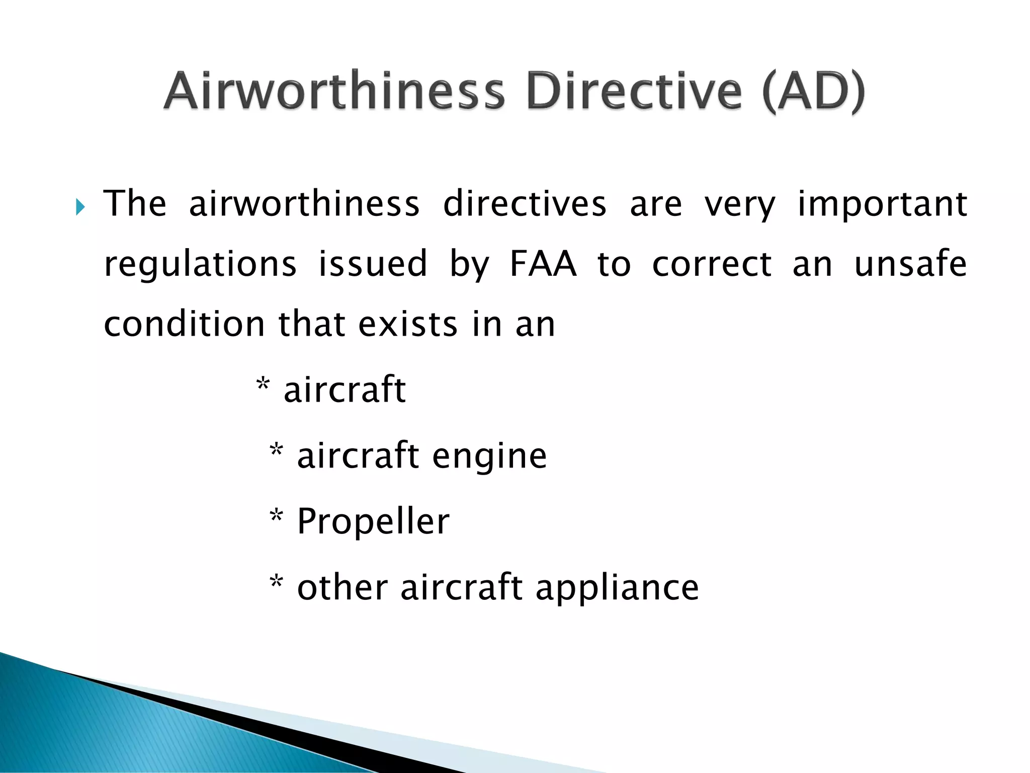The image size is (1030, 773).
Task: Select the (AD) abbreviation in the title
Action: (x=813, y=92)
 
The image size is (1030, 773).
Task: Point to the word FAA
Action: (x=543, y=264)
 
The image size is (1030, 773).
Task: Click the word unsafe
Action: (x=910, y=264)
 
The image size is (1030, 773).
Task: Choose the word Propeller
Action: (x=373, y=522)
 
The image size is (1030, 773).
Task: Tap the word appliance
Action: (x=617, y=588)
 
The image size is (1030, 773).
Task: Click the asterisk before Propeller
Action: (x=276, y=516)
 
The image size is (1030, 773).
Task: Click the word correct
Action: (x=712, y=264)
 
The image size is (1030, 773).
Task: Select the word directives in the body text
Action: (x=525, y=204)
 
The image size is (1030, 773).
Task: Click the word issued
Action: (x=373, y=264)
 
